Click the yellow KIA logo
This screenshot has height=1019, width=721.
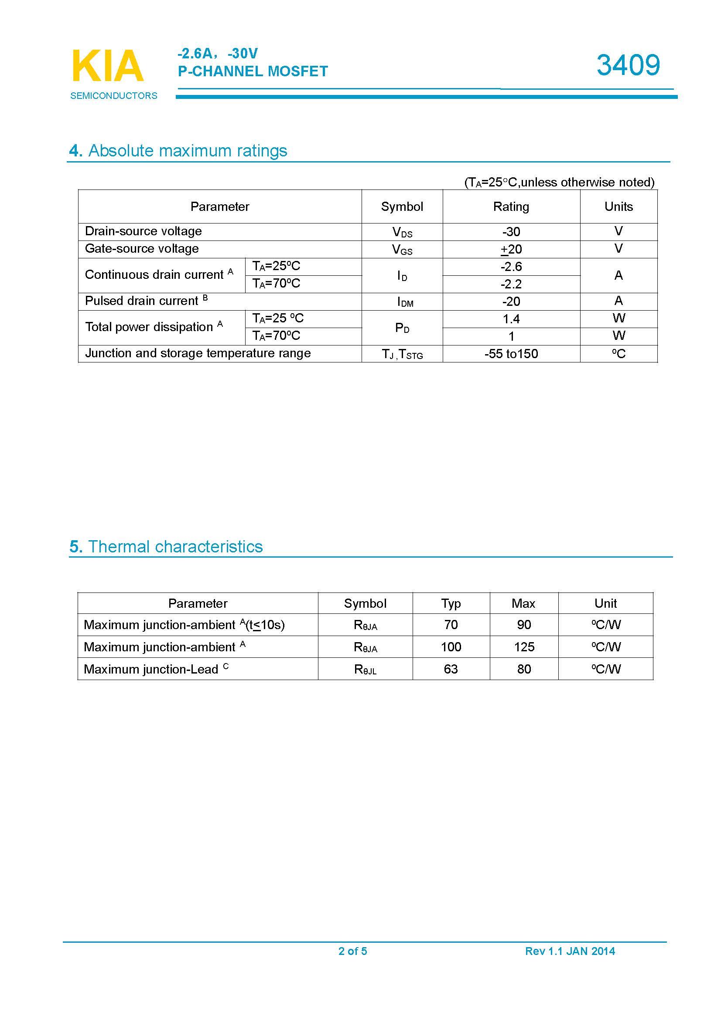point(107,66)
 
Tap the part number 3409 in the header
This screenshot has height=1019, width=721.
point(628,65)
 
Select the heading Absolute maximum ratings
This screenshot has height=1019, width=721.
point(188,151)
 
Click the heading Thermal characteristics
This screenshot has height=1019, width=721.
point(175,547)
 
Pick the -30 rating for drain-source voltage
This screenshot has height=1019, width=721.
point(511,232)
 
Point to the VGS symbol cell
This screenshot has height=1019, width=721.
point(402,250)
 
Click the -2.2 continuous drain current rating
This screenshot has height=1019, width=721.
point(511,284)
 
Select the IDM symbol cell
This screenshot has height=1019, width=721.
point(405,302)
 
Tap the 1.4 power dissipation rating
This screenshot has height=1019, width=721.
point(511,318)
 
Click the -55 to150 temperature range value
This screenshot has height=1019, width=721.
point(511,354)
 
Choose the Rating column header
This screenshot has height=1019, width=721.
point(511,207)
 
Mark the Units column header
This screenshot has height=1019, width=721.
point(618,207)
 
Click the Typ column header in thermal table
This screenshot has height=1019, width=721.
point(451,603)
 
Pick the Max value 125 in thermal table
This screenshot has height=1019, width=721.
point(524,647)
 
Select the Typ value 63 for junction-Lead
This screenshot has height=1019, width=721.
point(451,669)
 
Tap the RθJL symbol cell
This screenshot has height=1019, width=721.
point(365,669)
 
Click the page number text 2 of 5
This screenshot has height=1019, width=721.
point(352,951)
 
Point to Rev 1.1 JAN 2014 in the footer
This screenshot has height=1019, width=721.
point(570,951)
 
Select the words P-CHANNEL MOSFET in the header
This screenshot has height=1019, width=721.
point(253,71)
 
